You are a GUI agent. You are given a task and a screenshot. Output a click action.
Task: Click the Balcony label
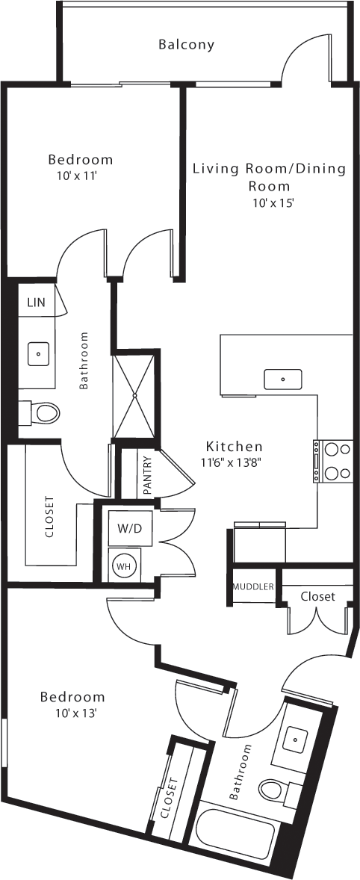186,45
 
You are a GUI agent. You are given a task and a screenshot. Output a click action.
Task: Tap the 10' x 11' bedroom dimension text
80,176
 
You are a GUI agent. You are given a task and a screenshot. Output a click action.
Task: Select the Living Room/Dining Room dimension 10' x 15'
269,203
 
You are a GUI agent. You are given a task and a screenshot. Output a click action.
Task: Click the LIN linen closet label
36,303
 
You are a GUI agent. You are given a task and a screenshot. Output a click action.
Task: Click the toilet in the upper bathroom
42,412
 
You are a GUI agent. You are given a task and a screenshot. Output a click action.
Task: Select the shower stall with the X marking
135,394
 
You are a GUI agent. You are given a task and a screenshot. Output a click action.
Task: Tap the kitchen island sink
283,379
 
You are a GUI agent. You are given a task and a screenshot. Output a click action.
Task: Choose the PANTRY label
147,476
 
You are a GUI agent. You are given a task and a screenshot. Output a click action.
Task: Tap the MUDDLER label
253,586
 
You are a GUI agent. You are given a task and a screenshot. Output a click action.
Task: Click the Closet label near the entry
317,596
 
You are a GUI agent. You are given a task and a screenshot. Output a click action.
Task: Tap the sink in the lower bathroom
295,740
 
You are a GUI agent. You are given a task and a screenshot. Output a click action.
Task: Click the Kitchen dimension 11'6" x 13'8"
234,462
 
